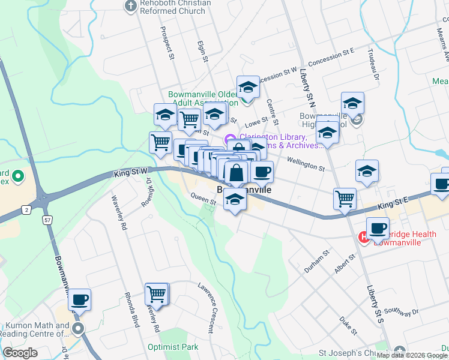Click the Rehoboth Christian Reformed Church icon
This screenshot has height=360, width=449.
(130, 7)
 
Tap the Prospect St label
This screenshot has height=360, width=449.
(166, 43)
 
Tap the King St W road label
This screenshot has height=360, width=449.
(130, 173)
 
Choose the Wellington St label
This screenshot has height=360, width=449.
(306, 160)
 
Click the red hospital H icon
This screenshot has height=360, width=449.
(363, 238)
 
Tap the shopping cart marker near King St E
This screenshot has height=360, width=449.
(345, 198)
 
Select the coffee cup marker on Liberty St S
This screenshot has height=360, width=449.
(378, 228)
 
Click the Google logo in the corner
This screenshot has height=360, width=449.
(20, 353)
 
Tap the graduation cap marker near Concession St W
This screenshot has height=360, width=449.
(248, 87)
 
